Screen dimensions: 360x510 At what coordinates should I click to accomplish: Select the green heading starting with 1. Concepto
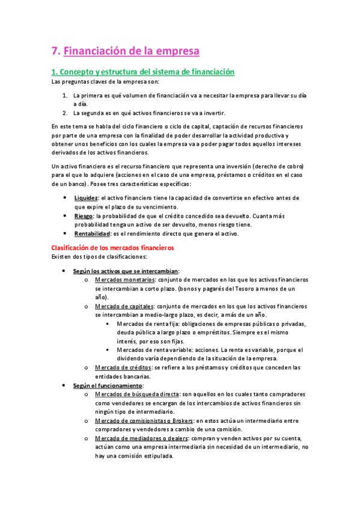pyautogui.click(x=142, y=72)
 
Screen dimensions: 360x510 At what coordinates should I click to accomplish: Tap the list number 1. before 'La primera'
pyautogui.click(x=65, y=95)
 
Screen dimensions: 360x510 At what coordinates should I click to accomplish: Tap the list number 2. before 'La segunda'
pyautogui.click(x=65, y=112)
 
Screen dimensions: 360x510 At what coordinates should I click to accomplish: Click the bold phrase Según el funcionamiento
pyautogui.click(x=108, y=385)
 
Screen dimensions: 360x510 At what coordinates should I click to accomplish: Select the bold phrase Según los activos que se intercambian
pyautogui.click(x=126, y=271)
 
